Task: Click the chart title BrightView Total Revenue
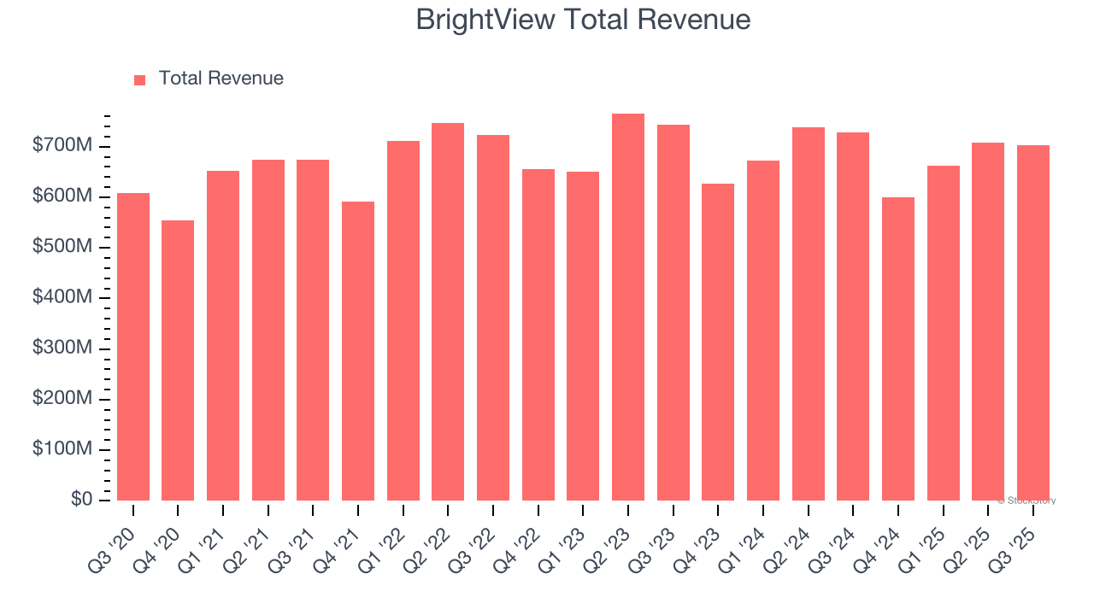point(583,19)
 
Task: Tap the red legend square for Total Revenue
point(140,79)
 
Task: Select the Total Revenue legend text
point(221,79)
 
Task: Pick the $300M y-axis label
point(62,348)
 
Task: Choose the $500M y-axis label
point(62,247)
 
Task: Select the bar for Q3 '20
point(133,346)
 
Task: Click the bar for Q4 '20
point(178,360)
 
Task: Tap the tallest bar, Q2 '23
point(628,307)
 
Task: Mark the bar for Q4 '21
point(358,350)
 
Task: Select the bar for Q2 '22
point(448,312)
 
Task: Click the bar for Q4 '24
point(898,348)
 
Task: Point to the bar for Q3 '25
point(1033,323)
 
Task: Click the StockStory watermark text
point(1026,501)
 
